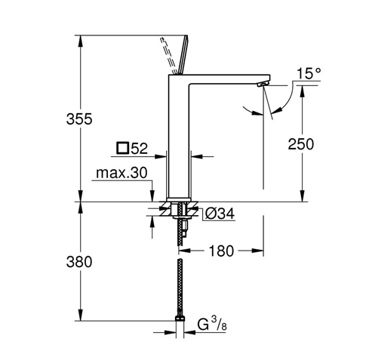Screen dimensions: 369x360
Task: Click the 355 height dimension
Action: tap(79, 119)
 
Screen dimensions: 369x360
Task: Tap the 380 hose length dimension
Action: tap(79, 262)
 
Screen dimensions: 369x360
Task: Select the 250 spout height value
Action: tap(301, 144)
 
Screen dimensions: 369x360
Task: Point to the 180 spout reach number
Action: tap(221, 251)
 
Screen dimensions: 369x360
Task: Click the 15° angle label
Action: tap(309, 74)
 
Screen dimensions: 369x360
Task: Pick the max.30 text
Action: tap(121, 173)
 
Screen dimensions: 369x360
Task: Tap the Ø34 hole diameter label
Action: tap(220, 214)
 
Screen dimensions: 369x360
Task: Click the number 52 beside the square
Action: tap(139, 149)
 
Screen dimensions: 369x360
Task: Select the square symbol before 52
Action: tap(123, 148)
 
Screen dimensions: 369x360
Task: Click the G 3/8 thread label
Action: tap(212, 325)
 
